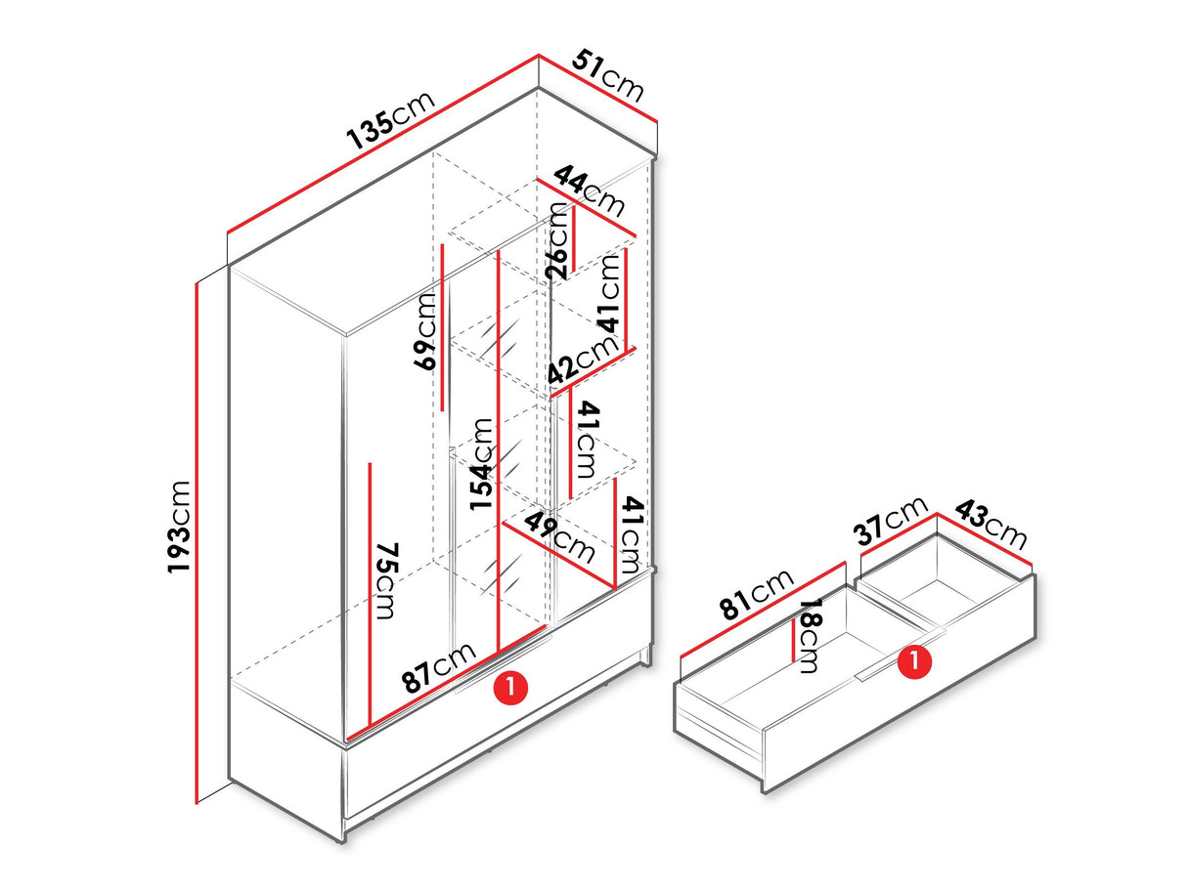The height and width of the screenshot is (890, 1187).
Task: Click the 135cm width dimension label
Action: click(389, 120)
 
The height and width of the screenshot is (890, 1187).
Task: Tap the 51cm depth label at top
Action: click(608, 75)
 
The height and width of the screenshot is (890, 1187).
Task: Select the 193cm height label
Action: click(178, 527)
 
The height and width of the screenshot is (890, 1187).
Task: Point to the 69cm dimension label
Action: click(424, 331)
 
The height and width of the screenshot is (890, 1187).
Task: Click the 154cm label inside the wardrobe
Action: click(481, 464)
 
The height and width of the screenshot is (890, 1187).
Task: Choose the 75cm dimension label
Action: click(386, 581)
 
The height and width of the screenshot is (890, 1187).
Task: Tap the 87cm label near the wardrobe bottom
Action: click(439, 667)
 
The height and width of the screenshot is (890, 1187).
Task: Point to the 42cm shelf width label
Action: click(583, 360)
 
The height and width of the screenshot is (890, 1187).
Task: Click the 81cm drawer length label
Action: click(757, 594)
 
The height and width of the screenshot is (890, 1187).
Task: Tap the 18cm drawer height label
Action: click(810, 635)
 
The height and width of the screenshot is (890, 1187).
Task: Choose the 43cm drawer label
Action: click(990, 525)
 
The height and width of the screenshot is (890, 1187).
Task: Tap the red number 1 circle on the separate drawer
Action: click(914, 659)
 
